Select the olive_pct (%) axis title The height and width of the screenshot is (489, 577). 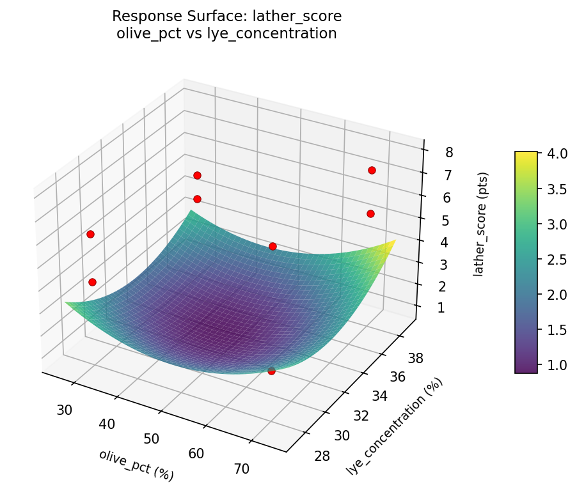pos(136,465)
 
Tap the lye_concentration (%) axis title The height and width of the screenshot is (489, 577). pos(395,426)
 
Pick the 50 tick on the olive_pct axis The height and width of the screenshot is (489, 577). pos(152,439)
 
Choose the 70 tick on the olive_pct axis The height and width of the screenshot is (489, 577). pos(241,469)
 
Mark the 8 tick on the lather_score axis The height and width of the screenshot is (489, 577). pos(449,152)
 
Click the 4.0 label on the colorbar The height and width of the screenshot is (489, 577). pos(556,154)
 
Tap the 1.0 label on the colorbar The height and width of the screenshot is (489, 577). pos(556,364)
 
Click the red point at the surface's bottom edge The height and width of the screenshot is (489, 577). pos(271,370)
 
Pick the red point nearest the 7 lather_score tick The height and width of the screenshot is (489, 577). pos(372,170)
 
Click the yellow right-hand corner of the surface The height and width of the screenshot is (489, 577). pos(393,241)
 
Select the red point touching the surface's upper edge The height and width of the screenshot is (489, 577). pos(273,246)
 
